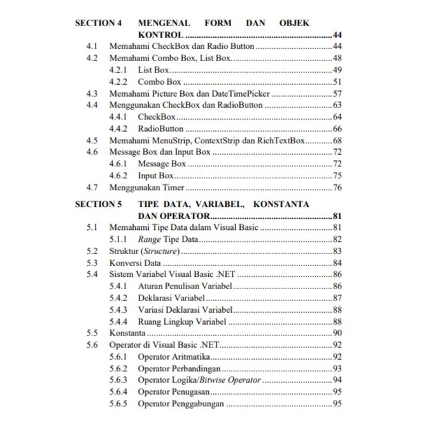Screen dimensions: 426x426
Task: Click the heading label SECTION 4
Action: pyautogui.click(x=98, y=23)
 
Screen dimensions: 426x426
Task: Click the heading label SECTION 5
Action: pyautogui.click(x=98, y=204)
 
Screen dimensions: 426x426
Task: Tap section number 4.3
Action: pyautogui.click(x=92, y=94)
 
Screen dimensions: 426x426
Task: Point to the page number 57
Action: pyautogui.click(x=337, y=94)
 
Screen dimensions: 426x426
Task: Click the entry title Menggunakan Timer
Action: pyautogui.click(x=146, y=187)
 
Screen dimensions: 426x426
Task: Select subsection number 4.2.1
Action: pyautogui.click(x=119, y=70)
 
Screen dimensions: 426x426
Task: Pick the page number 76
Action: pyautogui.click(x=337, y=187)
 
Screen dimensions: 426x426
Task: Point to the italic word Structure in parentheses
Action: pyautogui.click(x=158, y=251)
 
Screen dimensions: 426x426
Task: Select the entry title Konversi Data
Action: pyautogui.click(x=135, y=263)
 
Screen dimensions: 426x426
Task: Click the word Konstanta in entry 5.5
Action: pyautogui.click(x=128, y=333)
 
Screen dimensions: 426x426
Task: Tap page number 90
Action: pyautogui.click(x=337, y=333)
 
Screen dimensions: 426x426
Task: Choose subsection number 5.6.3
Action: pyautogui.click(x=119, y=380)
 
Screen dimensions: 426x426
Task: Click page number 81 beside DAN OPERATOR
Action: pyautogui.click(x=337, y=216)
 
